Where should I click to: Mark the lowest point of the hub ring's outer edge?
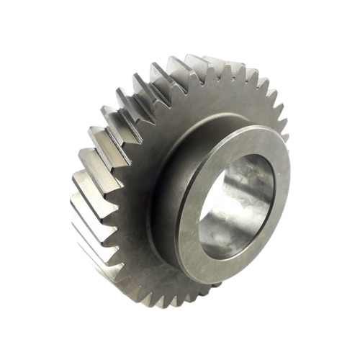pyautogui.click(x=209, y=283)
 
